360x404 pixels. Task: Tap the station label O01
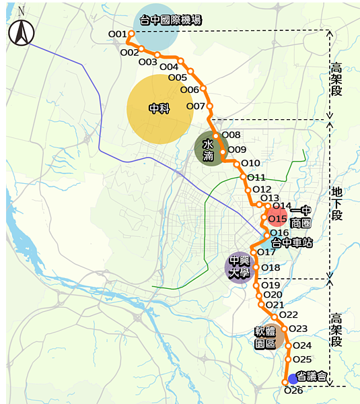click(x=117, y=34)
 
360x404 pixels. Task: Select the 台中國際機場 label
click(x=170, y=21)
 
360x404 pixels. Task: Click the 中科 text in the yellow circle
click(x=159, y=108)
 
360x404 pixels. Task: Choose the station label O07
click(x=195, y=106)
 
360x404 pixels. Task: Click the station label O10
click(x=250, y=163)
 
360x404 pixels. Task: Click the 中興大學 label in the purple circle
click(x=240, y=266)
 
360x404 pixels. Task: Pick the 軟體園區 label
click(x=265, y=337)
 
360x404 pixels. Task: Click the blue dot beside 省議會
click(x=293, y=378)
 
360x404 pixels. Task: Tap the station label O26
click(x=294, y=391)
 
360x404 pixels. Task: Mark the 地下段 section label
click(x=336, y=204)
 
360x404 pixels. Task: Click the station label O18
click(x=271, y=268)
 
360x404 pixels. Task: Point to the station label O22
click(x=288, y=314)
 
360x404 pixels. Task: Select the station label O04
click(x=169, y=66)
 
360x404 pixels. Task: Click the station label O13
click(x=270, y=197)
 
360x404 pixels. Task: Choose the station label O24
click(x=302, y=345)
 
